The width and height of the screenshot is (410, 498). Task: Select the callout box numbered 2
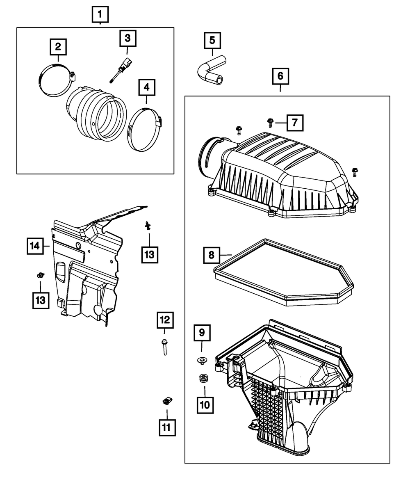[58, 46]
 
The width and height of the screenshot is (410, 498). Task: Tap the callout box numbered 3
[128, 39]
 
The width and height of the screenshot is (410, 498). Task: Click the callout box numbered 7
[295, 122]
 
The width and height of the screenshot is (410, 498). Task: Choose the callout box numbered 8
[212, 255]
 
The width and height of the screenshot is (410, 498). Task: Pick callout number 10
[205, 404]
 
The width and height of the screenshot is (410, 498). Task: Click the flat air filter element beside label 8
[283, 273]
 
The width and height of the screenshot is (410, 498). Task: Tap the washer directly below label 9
[202, 361]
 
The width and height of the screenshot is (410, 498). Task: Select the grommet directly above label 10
[202, 378]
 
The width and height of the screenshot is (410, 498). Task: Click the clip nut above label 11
[167, 400]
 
